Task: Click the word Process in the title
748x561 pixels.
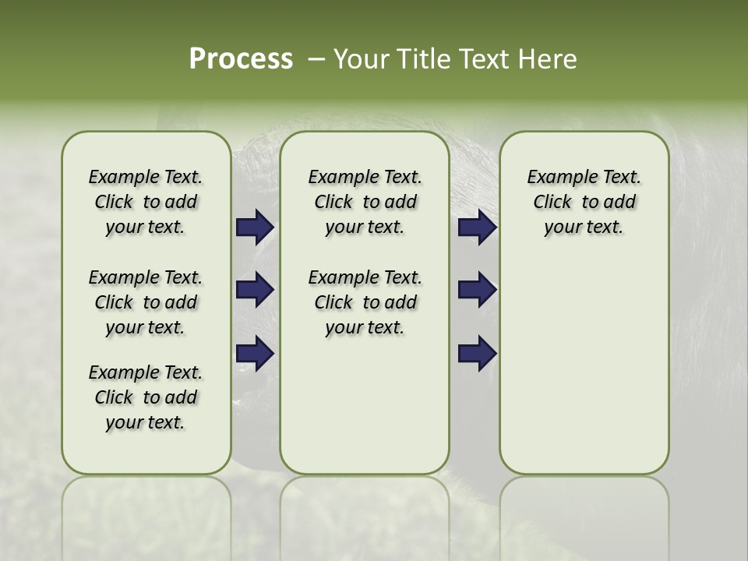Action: [x=241, y=59]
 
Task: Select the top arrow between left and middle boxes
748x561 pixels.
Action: [x=255, y=227]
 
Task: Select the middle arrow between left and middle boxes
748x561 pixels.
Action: [x=255, y=290]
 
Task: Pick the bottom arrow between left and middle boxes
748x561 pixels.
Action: [x=255, y=352]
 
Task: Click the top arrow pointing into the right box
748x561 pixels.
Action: [x=477, y=227]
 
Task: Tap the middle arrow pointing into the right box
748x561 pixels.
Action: [x=477, y=290]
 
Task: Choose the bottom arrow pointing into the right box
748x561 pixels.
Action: [x=477, y=352]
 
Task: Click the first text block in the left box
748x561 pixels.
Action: [x=146, y=202]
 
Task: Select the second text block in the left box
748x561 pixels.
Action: [x=146, y=302]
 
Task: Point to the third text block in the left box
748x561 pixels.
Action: [x=146, y=397]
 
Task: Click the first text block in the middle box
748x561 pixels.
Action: [x=365, y=202]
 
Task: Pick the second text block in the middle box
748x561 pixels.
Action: [x=365, y=302]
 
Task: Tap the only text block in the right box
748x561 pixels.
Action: [x=584, y=202]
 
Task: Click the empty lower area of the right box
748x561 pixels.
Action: [x=584, y=374]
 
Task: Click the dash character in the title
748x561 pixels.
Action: [x=316, y=59]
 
